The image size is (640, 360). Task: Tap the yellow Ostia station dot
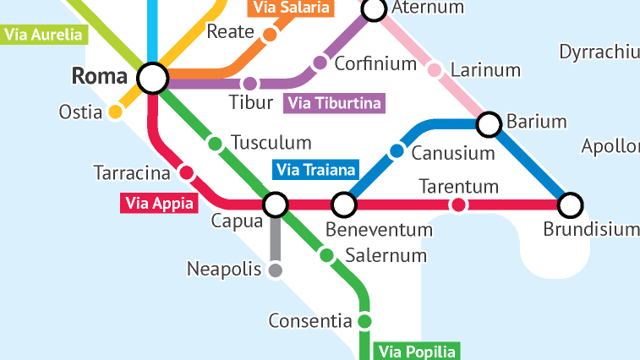coord(116,112)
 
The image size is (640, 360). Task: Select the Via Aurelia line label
coord(44,35)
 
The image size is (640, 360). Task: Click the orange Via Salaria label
coord(291,8)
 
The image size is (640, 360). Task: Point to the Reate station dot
coord(270,35)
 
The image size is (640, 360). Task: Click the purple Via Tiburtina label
coord(335,104)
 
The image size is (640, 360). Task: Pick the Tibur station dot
coord(249,84)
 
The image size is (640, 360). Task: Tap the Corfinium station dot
coord(320,63)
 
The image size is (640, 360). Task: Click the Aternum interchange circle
coord(374,9)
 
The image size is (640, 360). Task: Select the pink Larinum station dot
coord(435,69)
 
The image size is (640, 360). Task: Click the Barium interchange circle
coord(489,125)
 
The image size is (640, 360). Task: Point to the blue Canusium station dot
coord(397,151)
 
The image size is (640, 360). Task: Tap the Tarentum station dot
coord(458,205)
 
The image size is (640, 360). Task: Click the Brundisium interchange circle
coord(572,205)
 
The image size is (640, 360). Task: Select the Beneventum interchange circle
coord(343,205)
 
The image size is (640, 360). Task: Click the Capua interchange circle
coord(276,205)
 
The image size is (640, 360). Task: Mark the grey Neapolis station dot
coord(275,270)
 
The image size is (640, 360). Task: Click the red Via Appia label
coord(159,203)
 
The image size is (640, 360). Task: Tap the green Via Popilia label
coord(417,352)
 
